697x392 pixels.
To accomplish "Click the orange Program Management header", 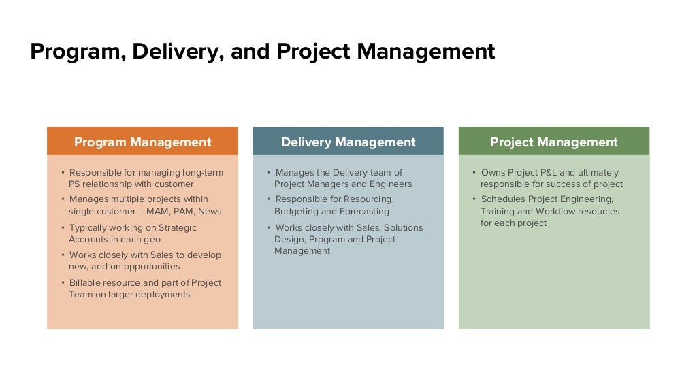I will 142,142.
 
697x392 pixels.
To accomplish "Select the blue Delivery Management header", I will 348,142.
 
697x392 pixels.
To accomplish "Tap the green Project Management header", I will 553,142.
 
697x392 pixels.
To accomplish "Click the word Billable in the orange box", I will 85,282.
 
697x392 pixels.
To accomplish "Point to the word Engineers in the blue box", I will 390,184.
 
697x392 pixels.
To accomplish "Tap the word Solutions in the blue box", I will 403,227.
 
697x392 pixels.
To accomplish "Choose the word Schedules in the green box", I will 502,199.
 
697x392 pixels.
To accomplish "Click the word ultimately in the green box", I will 599,172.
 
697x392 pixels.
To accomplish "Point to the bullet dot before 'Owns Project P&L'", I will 474,172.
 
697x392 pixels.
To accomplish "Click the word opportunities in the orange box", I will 148,266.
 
